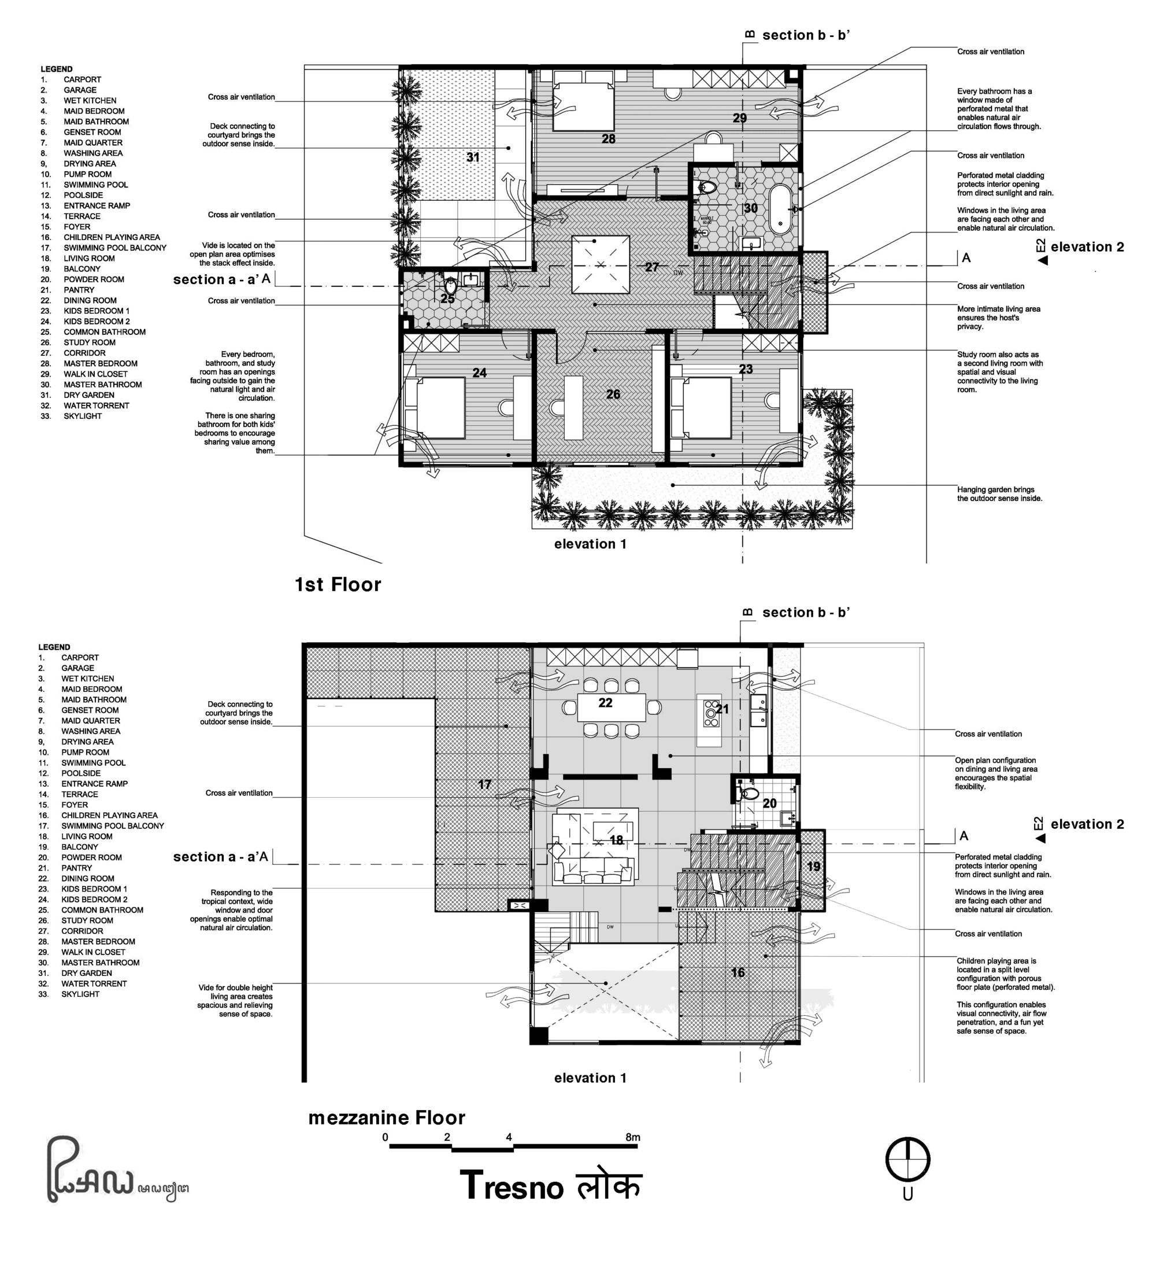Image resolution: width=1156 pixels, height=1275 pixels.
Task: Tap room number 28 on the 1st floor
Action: pyautogui.click(x=608, y=138)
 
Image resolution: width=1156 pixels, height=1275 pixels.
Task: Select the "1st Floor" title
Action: pyautogui.click(x=338, y=584)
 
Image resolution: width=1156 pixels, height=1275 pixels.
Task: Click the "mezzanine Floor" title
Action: pyautogui.click(x=386, y=1118)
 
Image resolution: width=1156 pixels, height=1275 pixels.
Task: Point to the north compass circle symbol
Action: pyautogui.click(x=907, y=1159)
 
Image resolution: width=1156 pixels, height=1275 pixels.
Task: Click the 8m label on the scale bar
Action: pyautogui.click(x=633, y=1137)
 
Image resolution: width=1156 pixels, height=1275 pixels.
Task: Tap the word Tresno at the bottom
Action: pyautogui.click(x=512, y=1186)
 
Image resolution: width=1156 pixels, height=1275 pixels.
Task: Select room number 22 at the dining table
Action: pyautogui.click(x=605, y=703)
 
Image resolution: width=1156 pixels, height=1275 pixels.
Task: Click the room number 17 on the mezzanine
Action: pyautogui.click(x=484, y=784)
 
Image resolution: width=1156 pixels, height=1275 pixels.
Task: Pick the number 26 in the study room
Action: pyautogui.click(x=613, y=394)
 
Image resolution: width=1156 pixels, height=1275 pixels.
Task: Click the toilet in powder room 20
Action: pyautogui.click(x=750, y=794)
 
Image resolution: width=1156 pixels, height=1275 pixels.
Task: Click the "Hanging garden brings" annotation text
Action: pyautogui.click(x=995, y=489)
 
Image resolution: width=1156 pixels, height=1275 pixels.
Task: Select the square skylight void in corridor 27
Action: pyautogui.click(x=601, y=264)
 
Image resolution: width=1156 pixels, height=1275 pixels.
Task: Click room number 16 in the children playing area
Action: pyautogui.click(x=738, y=972)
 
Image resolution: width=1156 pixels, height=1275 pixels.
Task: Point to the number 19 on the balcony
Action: pyautogui.click(x=813, y=867)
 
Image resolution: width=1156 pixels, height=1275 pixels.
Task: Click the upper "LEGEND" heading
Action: pyautogui.click(x=56, y=69)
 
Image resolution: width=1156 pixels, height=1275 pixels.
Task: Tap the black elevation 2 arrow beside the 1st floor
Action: pyautogui.click(x=1043, y=260)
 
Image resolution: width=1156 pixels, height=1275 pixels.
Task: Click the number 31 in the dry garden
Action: pyautogui.click(x=473, y=157)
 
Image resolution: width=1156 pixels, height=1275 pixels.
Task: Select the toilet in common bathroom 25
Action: pyautogui.click(x=450, y=285)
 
